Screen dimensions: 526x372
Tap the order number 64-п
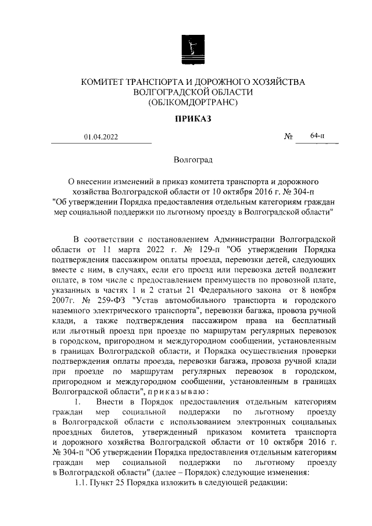point(317,136)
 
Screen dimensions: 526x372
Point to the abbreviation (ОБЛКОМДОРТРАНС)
point(193,102)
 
